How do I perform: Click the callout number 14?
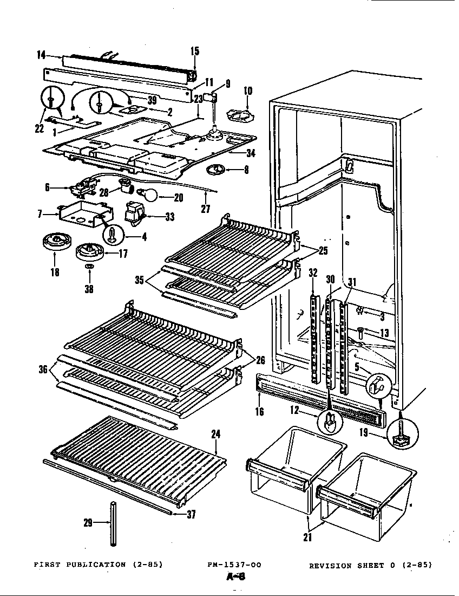(41, 54)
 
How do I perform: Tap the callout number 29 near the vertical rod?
(88, 523)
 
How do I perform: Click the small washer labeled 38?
(89, 268)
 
